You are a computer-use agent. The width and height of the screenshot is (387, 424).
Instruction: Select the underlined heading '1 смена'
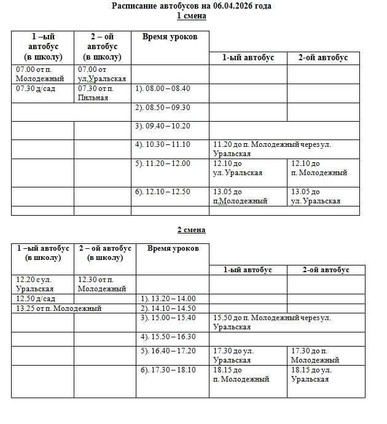pyautogui.click(x=192, y=16)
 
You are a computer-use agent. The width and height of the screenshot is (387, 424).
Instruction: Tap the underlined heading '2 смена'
pyautogui.click(x=192, y=230)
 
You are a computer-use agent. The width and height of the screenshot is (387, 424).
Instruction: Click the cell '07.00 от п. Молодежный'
pyautogui.click(x=41, y=74)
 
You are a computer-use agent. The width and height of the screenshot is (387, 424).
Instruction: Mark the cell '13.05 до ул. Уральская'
pyautogui.click(x=316, y=196)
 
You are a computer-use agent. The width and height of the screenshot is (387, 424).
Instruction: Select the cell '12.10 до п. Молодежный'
pyautogui.click(x=319, y=168)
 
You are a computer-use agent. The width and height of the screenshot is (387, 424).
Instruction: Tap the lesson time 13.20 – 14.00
pyautogui.click(x=170, y=299)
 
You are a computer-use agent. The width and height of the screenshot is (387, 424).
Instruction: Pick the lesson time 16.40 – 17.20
pyautogui.click(x=170, y=351)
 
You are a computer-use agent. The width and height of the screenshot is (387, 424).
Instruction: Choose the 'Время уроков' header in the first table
pyautogui.click(x=170, y=37)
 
